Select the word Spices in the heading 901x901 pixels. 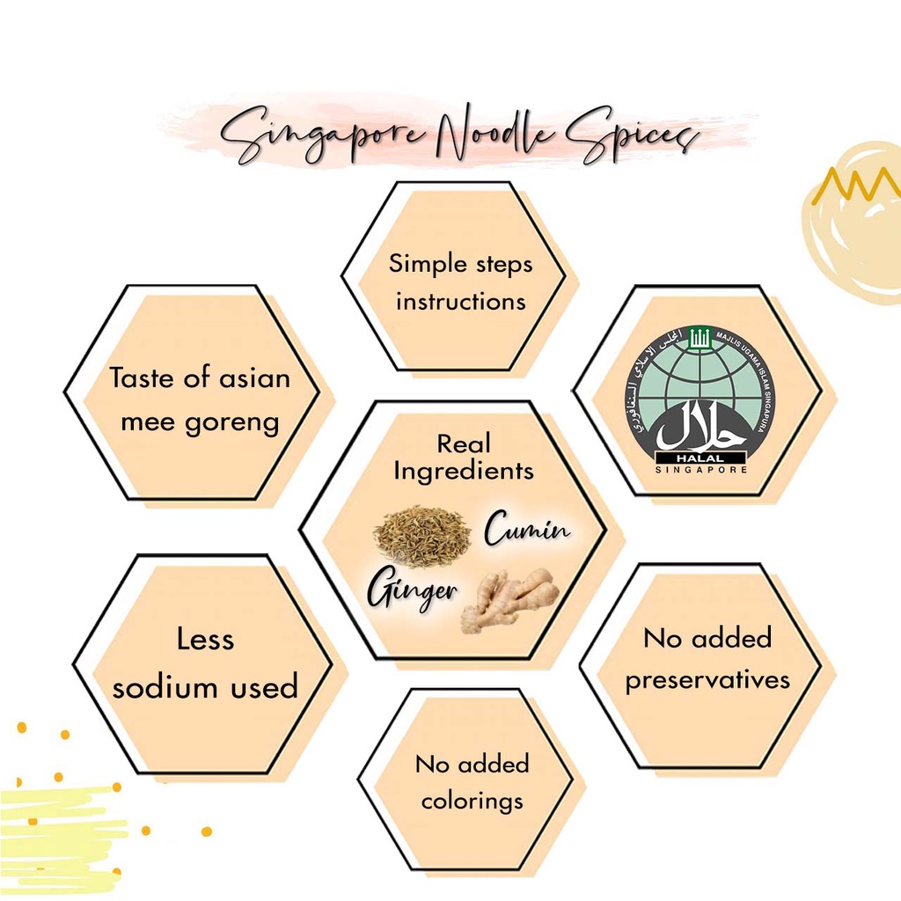(632, 136)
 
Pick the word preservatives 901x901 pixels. (707, 681)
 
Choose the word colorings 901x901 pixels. (472, 802)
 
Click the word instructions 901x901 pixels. (461, 302)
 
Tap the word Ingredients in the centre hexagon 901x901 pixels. (464, 472)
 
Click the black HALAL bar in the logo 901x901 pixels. (700, 458)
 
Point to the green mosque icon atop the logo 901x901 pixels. (699, 337)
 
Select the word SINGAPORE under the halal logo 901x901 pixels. (701, 470)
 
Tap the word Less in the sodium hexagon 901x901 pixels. (205, 639)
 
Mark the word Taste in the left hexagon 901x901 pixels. (142, 378)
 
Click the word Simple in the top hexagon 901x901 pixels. (420, 264)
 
